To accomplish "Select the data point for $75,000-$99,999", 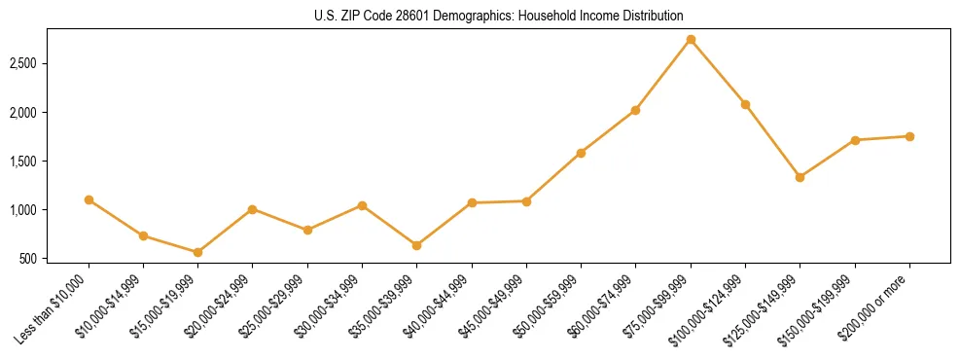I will click(691, 40).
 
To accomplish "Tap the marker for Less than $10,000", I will click(89, 199).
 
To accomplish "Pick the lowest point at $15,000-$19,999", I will click(197, 252).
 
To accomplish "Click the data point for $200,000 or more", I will click(909, 136).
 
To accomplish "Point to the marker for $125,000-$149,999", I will click(800, 177).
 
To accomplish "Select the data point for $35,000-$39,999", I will click(416, 245).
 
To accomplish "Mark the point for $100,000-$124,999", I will click(745, 104).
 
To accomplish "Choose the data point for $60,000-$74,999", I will click(635, 110).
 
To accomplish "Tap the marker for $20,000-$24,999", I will click(252, 209).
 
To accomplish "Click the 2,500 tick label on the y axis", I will click(36, 64).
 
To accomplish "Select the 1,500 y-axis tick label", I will click(36, 162).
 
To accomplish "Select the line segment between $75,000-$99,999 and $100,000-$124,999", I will click(718, 72).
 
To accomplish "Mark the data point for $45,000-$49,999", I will click(526, 201).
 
